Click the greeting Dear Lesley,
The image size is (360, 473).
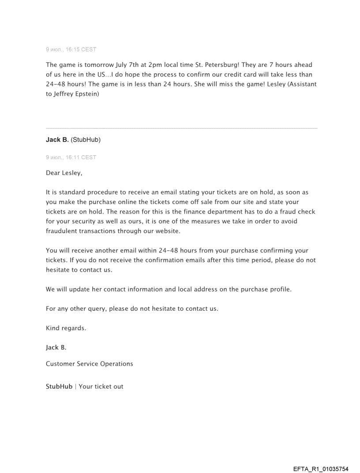tap(64, 173)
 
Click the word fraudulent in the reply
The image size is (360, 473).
tap(63, 231)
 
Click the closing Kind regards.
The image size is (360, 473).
tap(66, 328)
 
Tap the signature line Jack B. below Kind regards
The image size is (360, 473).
tap(56, 348)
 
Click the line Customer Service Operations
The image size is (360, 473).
tap(89, 364)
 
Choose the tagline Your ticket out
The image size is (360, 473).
tap(101, 387)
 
